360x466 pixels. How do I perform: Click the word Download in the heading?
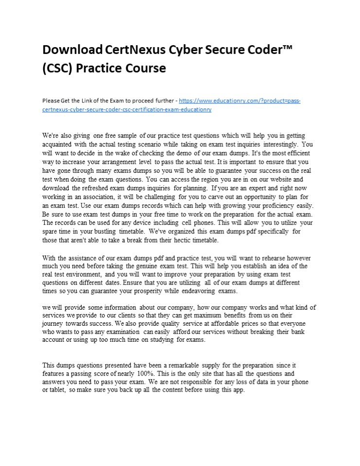coord(72,50)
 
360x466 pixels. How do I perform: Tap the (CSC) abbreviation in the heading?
coord(57,68)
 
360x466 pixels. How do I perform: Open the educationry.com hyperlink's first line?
coord(240,101)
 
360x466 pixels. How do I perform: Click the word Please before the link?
coord(51,101)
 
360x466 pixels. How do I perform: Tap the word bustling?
coord(120,232)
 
